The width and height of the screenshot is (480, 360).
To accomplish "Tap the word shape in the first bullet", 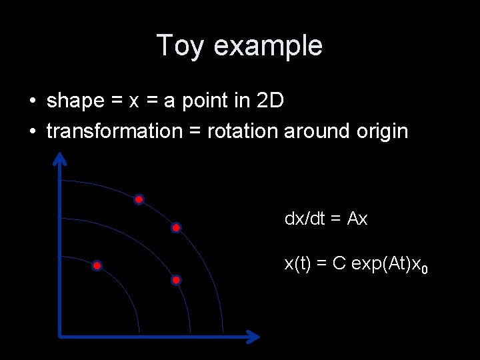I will click(x=75, y=101).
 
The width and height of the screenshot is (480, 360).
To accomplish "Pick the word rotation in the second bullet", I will click(x=243, y=131).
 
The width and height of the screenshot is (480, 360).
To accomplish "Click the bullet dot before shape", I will click(x=33, y=102).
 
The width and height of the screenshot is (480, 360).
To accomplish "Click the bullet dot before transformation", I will click(x=33, y=132).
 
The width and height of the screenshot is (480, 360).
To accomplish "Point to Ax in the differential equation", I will click(x=357, y=219).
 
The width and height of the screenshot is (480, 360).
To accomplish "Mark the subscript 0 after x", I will click(x=425, y=269).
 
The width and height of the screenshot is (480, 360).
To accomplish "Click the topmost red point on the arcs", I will click(x=139, y=199).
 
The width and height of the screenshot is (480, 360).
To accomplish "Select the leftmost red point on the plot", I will click(x=97, y=266).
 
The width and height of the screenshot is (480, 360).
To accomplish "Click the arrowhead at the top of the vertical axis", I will click(x=60, y=158).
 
